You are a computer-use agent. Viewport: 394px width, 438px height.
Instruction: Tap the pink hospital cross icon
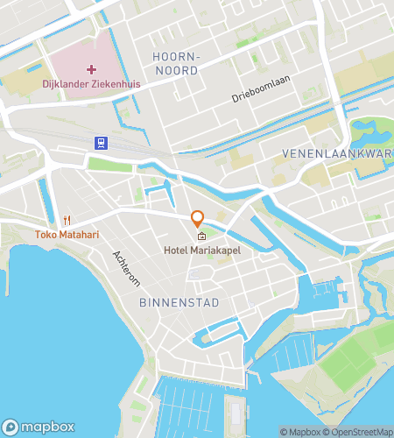(91, 69)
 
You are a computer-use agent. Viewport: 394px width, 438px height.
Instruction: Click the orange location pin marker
(198, 218)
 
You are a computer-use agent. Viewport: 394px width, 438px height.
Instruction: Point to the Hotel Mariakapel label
(202, 251)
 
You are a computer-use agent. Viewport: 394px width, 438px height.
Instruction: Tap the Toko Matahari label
(67, 235)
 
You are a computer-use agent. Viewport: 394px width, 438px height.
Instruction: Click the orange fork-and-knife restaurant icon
(67, 219)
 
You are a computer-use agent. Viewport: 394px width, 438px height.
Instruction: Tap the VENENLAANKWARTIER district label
(337, 153)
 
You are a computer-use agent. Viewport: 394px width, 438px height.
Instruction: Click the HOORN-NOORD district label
(177, 64)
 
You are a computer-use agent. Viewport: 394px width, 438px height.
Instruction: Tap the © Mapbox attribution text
(300, 432)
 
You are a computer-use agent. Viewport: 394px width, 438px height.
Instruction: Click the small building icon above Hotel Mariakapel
(201, 236)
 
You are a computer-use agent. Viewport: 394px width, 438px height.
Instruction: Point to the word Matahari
(80, 235)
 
